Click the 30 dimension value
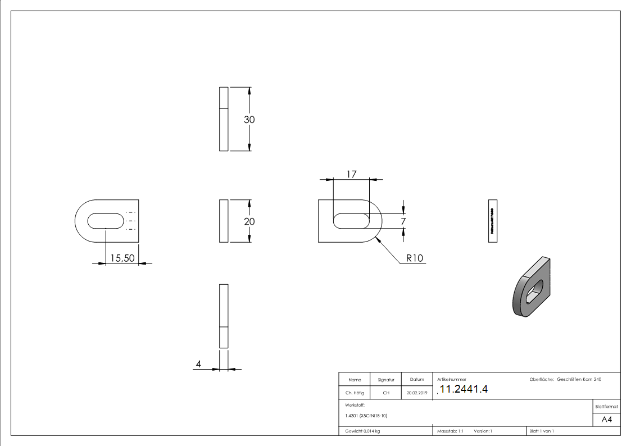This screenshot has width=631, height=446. [249, 120]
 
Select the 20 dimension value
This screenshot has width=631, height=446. [249, 221]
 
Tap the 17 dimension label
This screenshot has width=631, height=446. [351, 174]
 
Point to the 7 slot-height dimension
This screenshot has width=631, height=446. [403, 222]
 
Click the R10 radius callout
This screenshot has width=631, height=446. [414, 258]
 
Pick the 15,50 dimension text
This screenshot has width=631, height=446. [122, 258]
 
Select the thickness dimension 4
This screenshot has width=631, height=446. [198, 365]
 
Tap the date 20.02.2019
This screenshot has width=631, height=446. [417, 393]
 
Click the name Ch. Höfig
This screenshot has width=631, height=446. [355, 393]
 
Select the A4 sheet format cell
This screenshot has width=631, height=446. [606, 420]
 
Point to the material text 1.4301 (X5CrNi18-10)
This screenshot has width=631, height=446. [366, 416]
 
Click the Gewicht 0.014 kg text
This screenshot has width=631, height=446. [363, 431]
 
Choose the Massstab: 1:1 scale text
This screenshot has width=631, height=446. [450, 431]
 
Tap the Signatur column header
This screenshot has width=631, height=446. [386, 380]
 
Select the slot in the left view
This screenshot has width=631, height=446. [106, 221]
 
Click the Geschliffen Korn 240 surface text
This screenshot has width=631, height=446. [579, 380]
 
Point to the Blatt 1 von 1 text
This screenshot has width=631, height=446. [542, 431]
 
